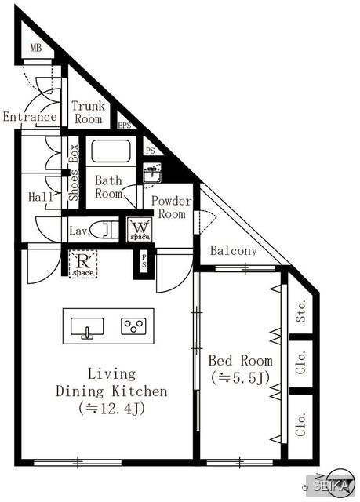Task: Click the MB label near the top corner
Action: [x=36, y=48]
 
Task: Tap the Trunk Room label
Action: [x=89, y=112]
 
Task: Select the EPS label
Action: [x=125, y=125]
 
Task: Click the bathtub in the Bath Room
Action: [x=111, y=151]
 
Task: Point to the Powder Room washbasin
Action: [x=152, y=173]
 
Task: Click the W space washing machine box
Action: [x=140, y=229]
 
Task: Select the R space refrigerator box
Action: [x=83, y=264]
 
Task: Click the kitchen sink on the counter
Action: [x=87, y=327]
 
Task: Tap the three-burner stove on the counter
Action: [x=134, y=326]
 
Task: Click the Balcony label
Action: [x=234, y=251]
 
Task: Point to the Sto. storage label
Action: [x=301, y=311]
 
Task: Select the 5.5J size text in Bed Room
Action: [x=240, y=378]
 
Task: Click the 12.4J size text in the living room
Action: [x=111, y=409]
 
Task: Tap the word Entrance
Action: [x=30, y=117]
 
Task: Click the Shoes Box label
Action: [x=74, y=173]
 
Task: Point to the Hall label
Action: [x=41, y=197]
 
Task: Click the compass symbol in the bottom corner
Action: [x=340, y=483]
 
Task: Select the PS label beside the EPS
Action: [x=150, y=151]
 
